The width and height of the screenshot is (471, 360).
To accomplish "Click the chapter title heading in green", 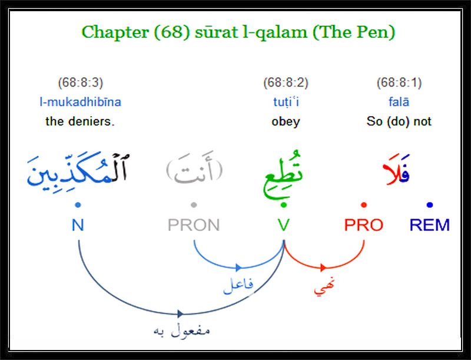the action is point(238,32).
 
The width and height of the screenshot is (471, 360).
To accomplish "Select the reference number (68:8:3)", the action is point(81,82).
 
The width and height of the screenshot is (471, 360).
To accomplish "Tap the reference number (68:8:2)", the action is point(286,82).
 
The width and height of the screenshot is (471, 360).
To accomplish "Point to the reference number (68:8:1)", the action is point(399,82).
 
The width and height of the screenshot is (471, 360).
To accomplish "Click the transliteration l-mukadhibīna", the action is point(81,102).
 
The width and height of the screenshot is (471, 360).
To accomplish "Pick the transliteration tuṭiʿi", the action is point(286,102).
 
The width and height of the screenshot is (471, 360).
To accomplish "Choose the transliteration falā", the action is point(399,102).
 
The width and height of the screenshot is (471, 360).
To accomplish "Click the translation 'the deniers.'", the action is point(80,121).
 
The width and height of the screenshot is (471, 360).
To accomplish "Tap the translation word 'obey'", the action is point(286,122).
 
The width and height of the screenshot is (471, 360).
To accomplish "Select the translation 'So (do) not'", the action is point(399,121).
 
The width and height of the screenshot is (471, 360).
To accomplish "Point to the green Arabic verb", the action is point(283,174).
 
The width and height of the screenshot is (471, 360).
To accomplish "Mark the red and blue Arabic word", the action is point(396,170).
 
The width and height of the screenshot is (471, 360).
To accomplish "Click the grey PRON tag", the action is point(194,225).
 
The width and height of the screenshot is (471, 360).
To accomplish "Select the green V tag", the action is point(284,225).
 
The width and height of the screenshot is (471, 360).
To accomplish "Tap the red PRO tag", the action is point(364,225).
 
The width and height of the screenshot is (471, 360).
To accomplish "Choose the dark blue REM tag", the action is point(430,225).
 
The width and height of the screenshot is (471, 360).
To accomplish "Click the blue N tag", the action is point(78,225).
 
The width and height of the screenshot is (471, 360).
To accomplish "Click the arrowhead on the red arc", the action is point(323,267).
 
